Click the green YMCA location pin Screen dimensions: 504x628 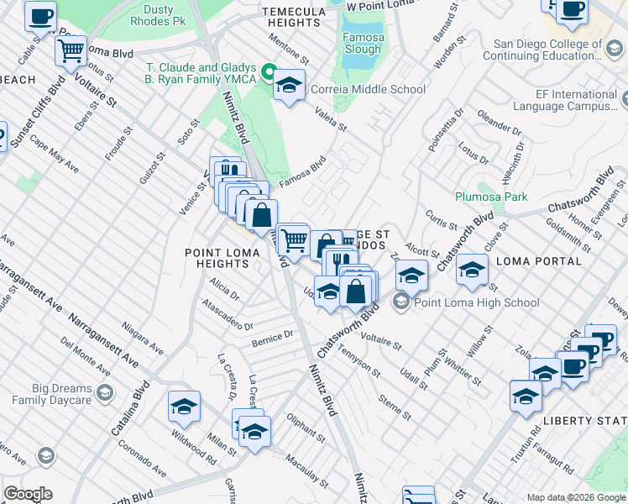[270, 72]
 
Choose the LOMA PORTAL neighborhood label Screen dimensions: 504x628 [539, 261]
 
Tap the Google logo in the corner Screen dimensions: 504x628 [28, 494]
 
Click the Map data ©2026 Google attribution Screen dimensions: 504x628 [576, 497]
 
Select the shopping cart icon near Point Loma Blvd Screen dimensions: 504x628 [71, 50]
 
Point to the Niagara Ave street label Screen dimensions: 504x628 [141, 333]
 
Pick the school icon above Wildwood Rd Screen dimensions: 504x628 [184, 407]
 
